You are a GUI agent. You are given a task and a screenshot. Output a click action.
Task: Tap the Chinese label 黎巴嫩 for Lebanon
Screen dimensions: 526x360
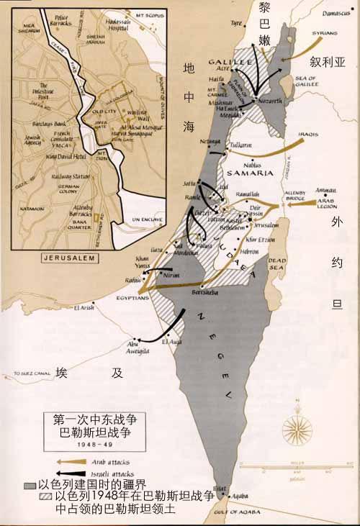[264, 24]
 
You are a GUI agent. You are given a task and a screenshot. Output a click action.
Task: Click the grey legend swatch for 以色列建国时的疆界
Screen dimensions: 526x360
[30, 486]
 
